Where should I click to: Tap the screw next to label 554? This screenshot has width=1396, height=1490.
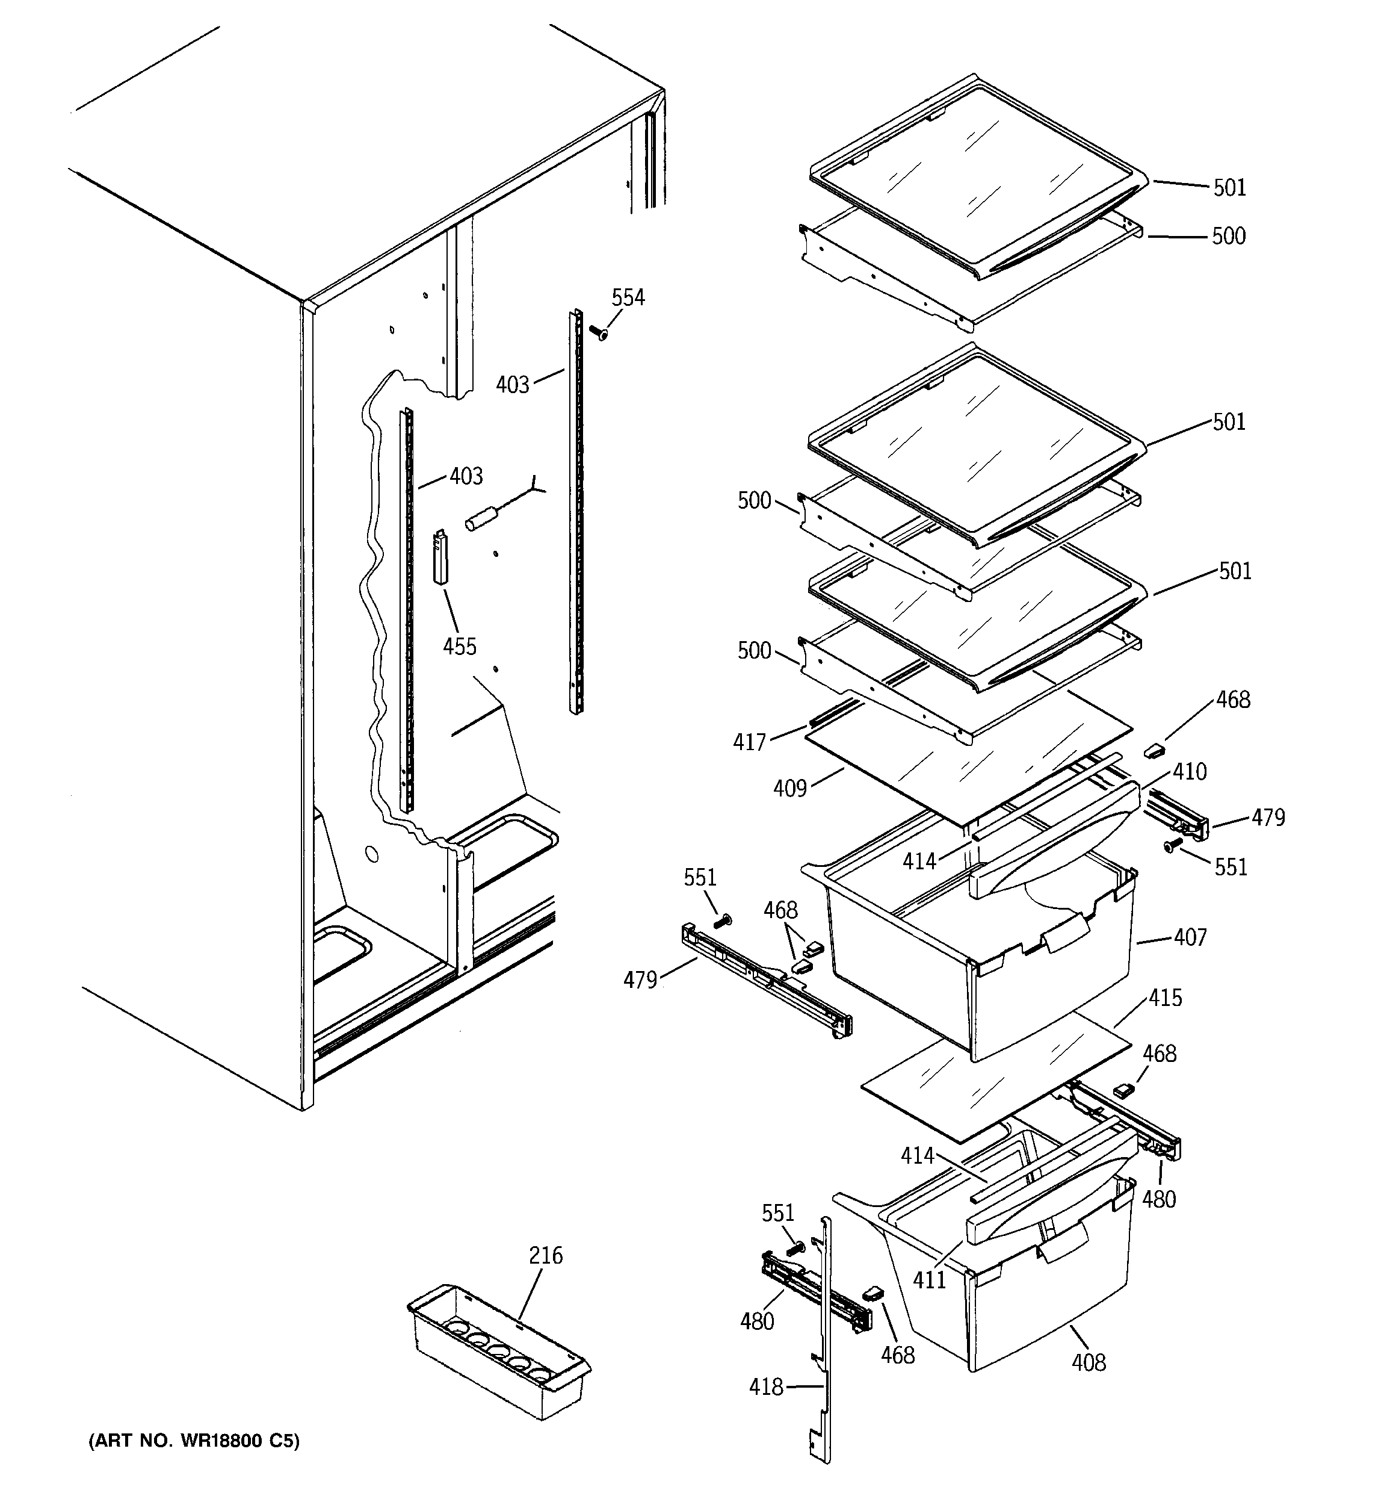598,332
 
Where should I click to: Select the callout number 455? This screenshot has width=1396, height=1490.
459,646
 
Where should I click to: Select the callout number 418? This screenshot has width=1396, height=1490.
766,1386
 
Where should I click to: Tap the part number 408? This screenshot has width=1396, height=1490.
1088,1362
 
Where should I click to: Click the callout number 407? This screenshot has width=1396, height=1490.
1190,937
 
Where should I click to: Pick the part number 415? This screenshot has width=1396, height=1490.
1165,998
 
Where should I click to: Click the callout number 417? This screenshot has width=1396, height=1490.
749,742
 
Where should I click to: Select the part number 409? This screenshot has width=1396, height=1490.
790,789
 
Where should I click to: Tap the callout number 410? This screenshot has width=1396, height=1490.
1189,771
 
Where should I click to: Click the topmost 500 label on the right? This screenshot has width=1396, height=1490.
1228,236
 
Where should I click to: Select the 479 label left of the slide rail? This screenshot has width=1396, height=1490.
640,979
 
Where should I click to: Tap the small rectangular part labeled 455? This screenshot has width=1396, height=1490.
440,557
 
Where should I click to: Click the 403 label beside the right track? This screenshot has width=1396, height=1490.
513,385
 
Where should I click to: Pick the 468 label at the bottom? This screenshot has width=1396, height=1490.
898,1355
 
